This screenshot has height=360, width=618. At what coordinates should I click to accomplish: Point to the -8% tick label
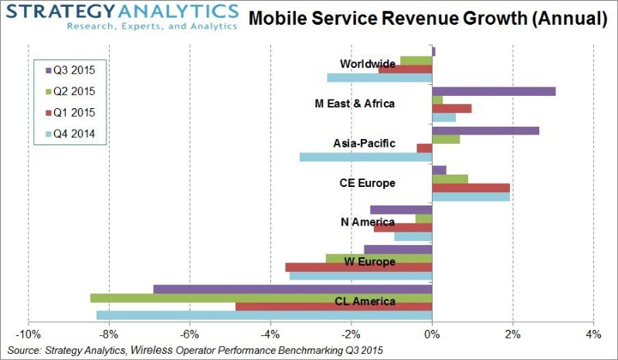tap(109, 335)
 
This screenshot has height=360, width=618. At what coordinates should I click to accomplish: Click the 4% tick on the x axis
tap(593, 335)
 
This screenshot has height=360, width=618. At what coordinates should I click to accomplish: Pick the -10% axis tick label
tap(28, 335)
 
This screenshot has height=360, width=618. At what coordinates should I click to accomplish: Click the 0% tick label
tap(432, 335)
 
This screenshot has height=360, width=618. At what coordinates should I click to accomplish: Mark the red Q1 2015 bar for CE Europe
tap(470, 188)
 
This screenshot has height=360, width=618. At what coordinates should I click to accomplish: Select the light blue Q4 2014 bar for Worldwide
tap(379, 77)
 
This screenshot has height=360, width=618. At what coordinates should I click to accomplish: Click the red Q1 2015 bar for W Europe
tap(358, 267)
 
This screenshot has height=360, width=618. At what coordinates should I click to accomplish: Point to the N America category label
tap(368, 222)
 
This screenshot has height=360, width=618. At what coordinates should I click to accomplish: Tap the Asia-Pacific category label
tap(364, 143)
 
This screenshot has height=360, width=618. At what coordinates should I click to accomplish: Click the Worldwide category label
tap(368, 63)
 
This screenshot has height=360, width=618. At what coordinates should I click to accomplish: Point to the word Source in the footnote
tap(24, 351)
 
